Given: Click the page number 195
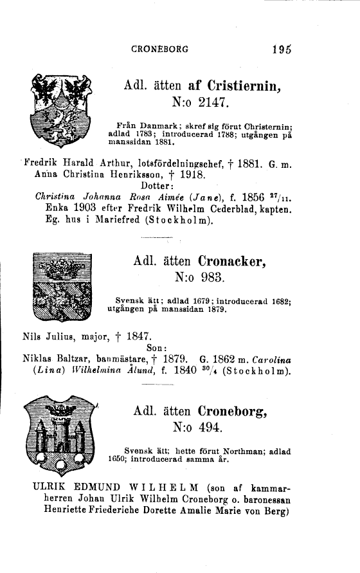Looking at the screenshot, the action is coord(282,48).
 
